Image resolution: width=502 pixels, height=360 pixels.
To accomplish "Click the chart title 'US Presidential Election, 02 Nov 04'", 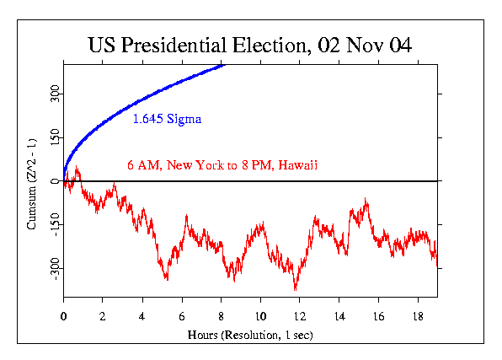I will [x=250, y=45].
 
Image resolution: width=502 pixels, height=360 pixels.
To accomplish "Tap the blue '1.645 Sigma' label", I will [x=166, y=120].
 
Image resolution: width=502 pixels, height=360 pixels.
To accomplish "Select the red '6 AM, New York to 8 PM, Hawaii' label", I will [x=222, y=164].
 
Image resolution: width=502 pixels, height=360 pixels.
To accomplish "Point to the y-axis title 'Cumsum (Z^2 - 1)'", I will [x=32, y=182].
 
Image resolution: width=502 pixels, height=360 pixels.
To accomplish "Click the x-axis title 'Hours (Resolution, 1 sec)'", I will [x=250, y=334].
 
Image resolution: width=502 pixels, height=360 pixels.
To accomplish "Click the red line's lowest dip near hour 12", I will [x=296, y=290].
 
